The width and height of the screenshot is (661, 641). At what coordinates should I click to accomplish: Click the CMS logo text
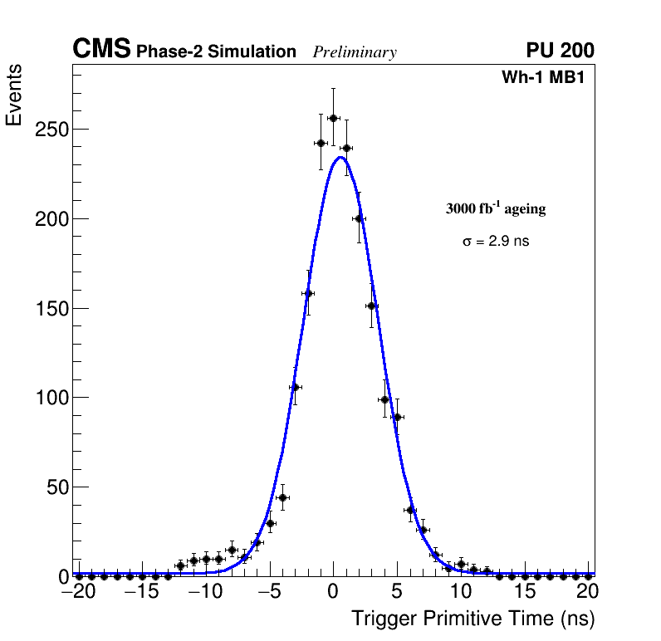[101, 50]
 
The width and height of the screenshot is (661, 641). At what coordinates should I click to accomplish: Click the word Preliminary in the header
[355, 52]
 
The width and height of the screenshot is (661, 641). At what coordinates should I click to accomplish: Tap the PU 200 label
[560, 51]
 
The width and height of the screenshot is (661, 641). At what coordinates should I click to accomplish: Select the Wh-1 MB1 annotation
[548, 78]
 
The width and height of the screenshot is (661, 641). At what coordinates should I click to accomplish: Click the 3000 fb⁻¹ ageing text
[496, 208]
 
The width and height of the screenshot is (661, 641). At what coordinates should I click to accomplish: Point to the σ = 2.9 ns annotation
[496, 242]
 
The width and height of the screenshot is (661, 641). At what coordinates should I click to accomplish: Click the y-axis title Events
[14, 96]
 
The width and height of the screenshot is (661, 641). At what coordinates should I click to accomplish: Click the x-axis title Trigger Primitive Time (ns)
[472, 619]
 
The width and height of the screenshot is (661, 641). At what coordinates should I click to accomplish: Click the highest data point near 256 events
[333, 118]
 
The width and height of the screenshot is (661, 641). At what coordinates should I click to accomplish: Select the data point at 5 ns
[397, 417]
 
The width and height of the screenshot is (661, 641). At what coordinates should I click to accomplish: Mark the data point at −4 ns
[282, 498]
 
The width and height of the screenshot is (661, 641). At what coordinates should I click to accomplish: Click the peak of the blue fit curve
[340, 157]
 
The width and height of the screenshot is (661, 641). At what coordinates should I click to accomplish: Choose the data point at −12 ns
[180, 565]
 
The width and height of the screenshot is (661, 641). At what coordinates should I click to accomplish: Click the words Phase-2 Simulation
[216, 52]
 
